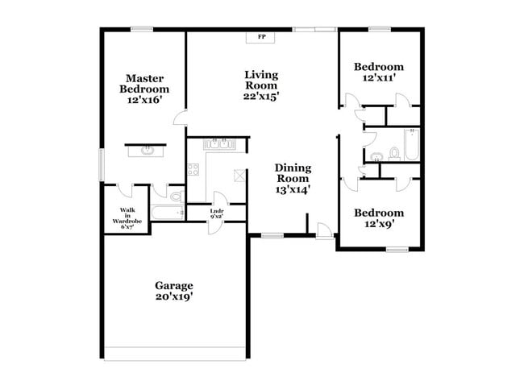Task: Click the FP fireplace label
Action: tap(261, 37)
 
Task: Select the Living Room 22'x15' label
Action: tap(261, 85)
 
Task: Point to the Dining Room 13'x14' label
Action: tap(293, 179)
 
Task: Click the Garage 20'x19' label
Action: tap(174, 291)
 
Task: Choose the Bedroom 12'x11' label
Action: tap(379, 72)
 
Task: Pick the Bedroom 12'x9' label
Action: tap(379, 218)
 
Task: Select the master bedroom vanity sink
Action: tap(147, 150)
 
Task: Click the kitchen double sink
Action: tap(218, 145)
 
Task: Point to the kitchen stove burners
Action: tap(193, 170)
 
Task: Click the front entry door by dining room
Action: tap(323, 230)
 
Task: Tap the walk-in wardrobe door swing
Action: tap(126, 190)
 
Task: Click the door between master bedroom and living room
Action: tap(181, 119)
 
